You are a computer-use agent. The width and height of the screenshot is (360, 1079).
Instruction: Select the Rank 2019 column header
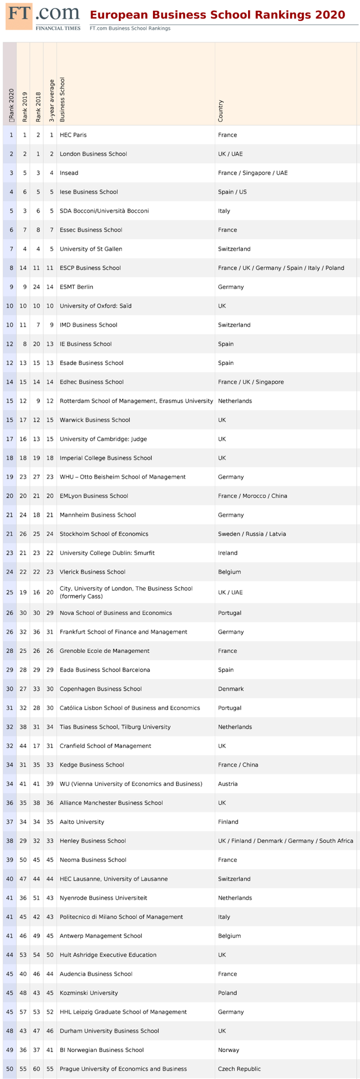(x=25, y=107)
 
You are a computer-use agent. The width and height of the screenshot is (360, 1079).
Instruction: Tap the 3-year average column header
(x=51, y=101)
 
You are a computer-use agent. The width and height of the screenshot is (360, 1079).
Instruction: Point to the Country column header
(x=220, y=111)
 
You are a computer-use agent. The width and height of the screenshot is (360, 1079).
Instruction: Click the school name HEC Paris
(x=73, y=135)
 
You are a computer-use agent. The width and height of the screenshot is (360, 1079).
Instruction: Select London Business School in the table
(x=93, y=154)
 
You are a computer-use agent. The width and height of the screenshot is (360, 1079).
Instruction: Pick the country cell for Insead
(x=253, y=173)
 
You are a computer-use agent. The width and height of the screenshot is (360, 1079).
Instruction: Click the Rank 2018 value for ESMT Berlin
(x=38, y=287)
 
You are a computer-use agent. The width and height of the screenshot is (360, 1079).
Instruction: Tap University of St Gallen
(x=91, y=249)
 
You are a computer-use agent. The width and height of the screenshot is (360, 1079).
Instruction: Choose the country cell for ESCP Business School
(x=281, y=268)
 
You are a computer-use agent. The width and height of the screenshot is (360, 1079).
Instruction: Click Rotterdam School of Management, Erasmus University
(x=136, y=401)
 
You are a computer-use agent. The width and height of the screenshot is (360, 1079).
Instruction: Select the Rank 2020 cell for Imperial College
(x=10, y=458)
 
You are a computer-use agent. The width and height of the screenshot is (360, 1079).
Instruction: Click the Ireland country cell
(x=228, y=553)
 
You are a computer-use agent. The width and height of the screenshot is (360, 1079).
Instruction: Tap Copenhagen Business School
(x=101, y=689)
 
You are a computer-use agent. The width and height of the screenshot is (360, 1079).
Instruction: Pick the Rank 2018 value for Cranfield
(x=38, y=746)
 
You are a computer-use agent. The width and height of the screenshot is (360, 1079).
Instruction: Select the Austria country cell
(x=228, y=784)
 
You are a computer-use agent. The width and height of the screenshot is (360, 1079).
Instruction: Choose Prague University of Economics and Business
(x=123, y=1069)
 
